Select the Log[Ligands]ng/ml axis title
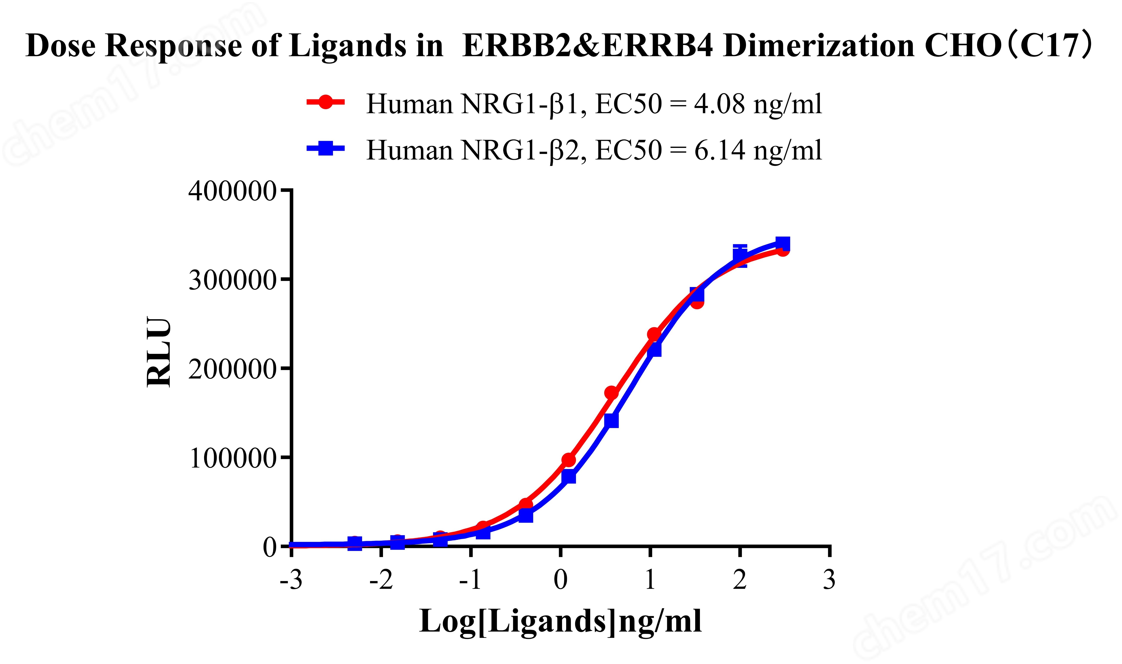560,622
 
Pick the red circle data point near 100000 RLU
568,460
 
